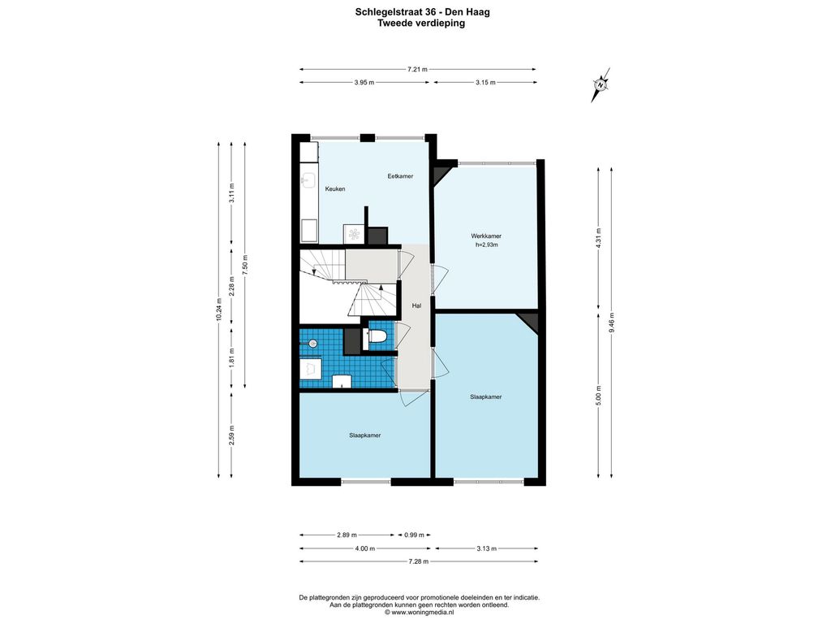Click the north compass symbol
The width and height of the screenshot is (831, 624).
[601, 84]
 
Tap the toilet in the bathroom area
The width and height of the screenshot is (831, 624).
[377, 336]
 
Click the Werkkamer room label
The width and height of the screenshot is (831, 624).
[486, 236]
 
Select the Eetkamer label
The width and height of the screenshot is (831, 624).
[400, 176]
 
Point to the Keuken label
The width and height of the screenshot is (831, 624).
[335, 188]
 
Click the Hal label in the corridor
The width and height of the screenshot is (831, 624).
[416, 305]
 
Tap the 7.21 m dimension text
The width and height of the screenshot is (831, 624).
[417, 69]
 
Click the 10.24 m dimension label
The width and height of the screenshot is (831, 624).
[218, 310]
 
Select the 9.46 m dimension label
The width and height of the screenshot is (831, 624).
[612, 322]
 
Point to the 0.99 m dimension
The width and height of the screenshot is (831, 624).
[414, 535]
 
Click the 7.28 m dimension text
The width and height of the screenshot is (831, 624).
[418, 561]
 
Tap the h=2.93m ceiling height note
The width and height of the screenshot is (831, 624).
[487, 245]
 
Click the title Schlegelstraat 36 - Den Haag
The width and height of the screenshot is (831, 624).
[422, 12]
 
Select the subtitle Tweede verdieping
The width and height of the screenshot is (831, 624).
[421, 23]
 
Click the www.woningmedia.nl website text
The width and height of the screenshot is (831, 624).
[422, 612]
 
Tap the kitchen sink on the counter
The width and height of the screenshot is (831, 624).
[308, 180]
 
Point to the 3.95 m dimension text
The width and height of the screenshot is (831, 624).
[364, 82]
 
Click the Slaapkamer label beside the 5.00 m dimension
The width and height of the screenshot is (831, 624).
[485, 396]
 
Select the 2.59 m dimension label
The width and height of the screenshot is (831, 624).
[231, 435]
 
